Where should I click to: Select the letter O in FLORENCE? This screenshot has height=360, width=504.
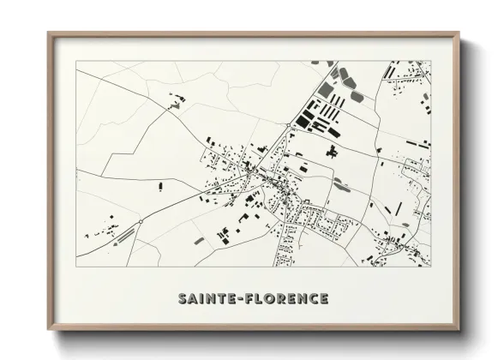270,298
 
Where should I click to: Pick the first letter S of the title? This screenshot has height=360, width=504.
182,298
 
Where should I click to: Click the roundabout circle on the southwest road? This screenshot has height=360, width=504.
140,222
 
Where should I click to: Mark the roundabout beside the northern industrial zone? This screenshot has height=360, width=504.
287,126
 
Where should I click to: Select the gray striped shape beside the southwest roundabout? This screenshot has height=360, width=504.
126,231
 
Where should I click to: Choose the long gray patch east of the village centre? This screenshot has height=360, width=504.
340,182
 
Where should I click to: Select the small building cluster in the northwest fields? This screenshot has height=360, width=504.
177,105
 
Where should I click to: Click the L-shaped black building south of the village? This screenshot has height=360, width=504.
225,232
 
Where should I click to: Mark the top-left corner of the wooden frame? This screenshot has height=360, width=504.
47,33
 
